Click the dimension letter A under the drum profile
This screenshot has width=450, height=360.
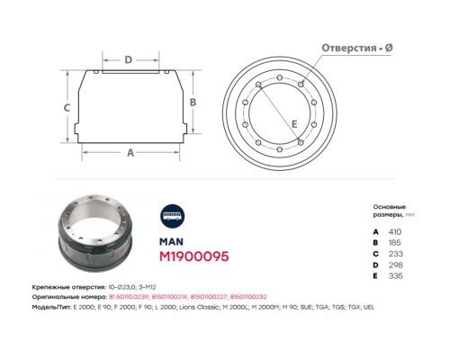(x=130, y=153)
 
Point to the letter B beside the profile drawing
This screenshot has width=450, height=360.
(x=193, y=103)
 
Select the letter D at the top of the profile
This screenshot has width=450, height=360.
(x=129, y=60)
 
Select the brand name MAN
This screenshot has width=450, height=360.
(x=170, y=241)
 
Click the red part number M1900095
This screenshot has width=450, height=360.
(x=193, y=256)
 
